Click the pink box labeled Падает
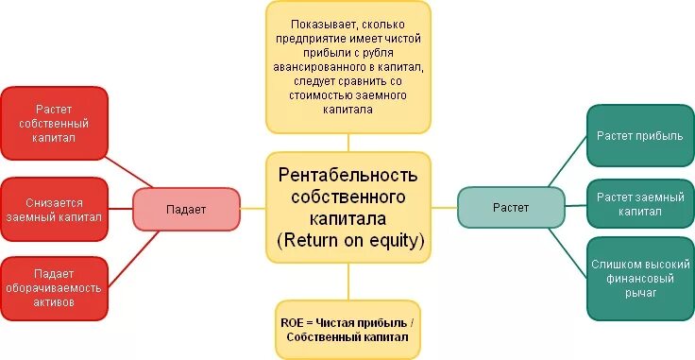(x=186, y=208)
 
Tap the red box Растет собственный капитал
(x=54, y=124)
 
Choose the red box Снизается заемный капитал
(x=54, y=209)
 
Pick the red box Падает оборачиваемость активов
(x=54, y=288)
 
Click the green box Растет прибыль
(x=638, y=135)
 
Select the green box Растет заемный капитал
(x=638, y=204)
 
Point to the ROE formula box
(x=347, y=329)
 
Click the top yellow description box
(x=347, y=67)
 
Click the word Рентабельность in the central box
(x=347, y=176)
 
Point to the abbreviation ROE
(x=293, y=321)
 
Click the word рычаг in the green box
(x=638, y=294)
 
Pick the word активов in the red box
(x=54, y=304)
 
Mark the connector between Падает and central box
(x=253, y=208)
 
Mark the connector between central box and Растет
(x=444, y=208)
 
